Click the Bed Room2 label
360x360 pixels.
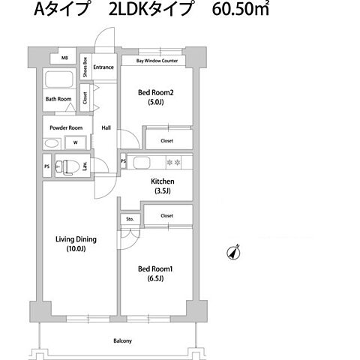click(156, 94)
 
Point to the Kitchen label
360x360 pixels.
click(163, 181)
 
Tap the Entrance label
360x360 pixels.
click(103, 67)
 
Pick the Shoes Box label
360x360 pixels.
click(85, 67)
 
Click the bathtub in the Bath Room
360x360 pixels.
click(58, 80)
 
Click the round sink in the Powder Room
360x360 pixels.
click(52, 143)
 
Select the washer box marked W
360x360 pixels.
click(75, 143)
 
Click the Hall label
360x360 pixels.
click(106, 127)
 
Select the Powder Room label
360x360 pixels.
click(65, 127)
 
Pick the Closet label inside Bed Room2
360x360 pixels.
click(166, 139)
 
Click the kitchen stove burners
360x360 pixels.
click(173, 162)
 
